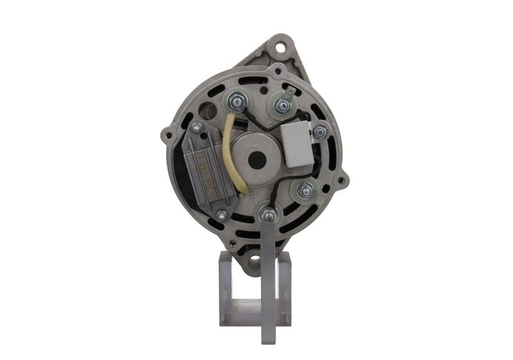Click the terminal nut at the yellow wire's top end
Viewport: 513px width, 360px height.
234,100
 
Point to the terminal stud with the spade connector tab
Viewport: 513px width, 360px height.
281,103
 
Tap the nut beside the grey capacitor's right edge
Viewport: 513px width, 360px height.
319,133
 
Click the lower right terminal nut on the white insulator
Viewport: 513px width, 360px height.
305,189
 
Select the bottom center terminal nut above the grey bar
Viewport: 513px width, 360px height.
266,211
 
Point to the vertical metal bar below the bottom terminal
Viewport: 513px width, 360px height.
266,282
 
